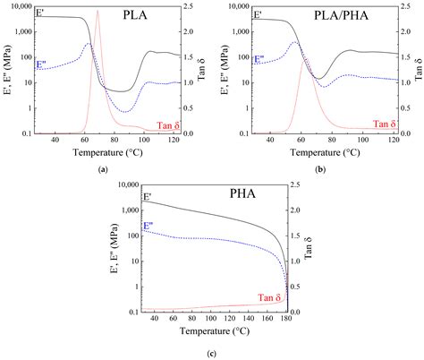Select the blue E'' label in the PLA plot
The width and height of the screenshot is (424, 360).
pos(41,64)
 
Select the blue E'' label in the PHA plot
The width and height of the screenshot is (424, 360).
pos(148,227)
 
